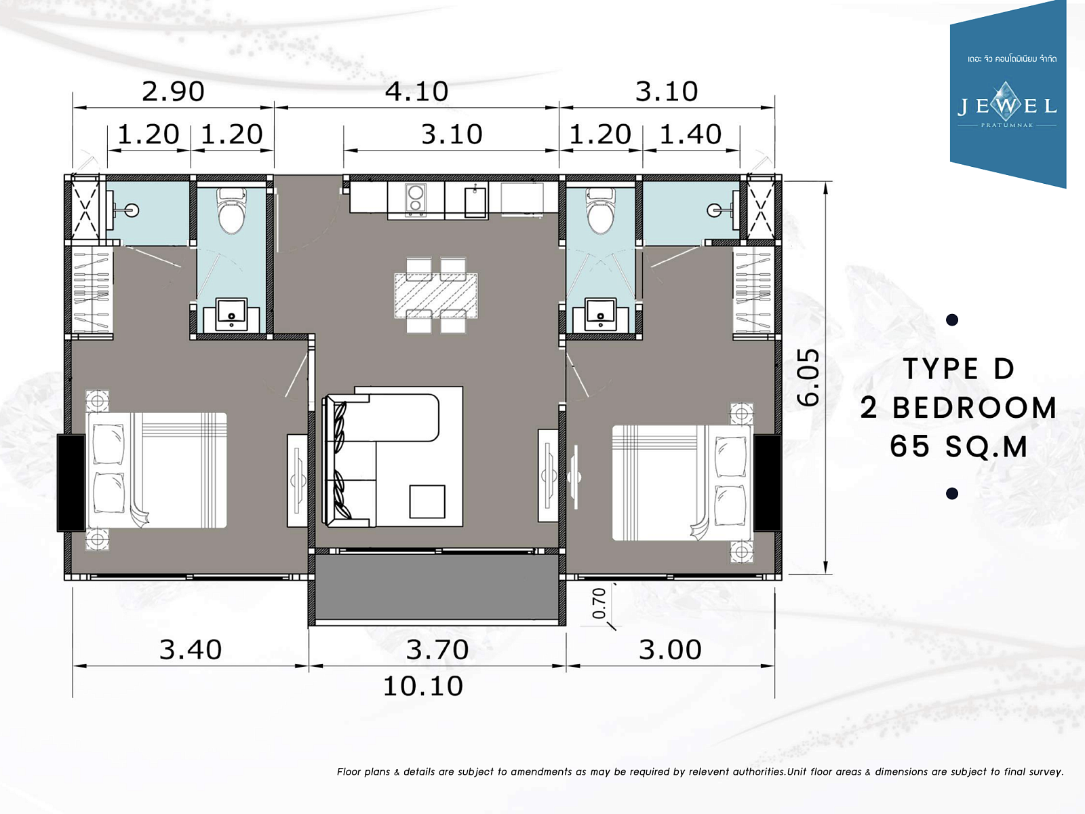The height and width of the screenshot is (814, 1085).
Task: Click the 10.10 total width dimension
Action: pos(423,686)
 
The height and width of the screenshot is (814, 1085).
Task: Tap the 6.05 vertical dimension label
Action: pos(809,378)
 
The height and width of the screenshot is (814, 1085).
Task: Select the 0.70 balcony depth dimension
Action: pos(599,603)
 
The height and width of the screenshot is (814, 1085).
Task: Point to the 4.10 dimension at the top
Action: pos(416,92)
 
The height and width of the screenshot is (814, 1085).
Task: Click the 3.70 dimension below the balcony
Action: pos(437,649)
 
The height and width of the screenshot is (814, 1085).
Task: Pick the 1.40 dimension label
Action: pos(690,134)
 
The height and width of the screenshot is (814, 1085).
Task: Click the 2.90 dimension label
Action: pos(173,92)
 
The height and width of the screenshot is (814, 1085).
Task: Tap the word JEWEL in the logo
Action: pos(1007,105)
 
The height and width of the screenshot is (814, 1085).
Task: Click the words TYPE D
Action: pos(959,369)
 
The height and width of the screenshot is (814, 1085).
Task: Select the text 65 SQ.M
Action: pos(959,446)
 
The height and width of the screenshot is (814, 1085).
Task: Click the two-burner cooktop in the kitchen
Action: pos(415,199)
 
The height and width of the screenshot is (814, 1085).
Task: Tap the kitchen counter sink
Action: pos(475,201)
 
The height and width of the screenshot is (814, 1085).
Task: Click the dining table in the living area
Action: pos(436,296)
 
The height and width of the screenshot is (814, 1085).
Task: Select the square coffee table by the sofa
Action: pos(427,501)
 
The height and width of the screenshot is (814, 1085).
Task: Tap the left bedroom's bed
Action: pos(157,471)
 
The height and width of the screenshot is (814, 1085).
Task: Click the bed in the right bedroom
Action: pos(683,482)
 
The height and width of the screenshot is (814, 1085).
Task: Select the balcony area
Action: pos(437,587)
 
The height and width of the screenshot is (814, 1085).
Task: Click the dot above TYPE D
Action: pos(952,319)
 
